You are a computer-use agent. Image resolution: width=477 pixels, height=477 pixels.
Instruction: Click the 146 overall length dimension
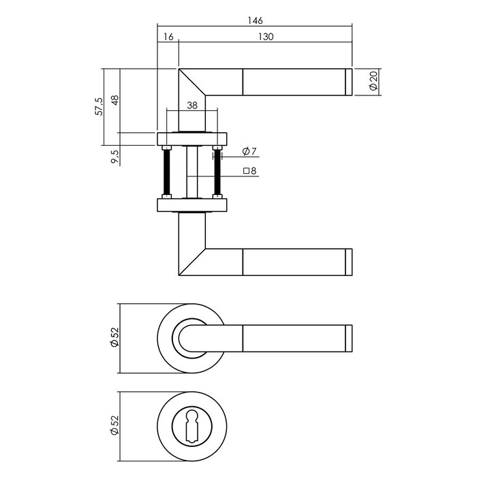coord(256,20)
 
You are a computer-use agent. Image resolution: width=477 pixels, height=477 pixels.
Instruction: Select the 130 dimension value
coord(266,37)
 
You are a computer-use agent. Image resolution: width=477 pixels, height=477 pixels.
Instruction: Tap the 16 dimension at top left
coord(168,37)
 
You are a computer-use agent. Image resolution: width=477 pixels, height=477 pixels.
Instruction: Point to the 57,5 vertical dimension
coord(100,107)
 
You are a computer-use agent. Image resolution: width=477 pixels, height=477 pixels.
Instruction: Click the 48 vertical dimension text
coord(115,100)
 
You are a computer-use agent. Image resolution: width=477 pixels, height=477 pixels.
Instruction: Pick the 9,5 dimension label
coord(115,156)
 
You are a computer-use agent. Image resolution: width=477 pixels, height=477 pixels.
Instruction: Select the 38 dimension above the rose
coord(191,106)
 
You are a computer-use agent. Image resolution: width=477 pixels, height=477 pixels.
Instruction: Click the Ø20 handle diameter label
coord(373,82)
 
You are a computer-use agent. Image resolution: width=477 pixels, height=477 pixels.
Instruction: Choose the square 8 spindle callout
coord(249,172)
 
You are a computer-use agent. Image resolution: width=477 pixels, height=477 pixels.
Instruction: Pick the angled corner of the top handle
coord(193,85)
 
